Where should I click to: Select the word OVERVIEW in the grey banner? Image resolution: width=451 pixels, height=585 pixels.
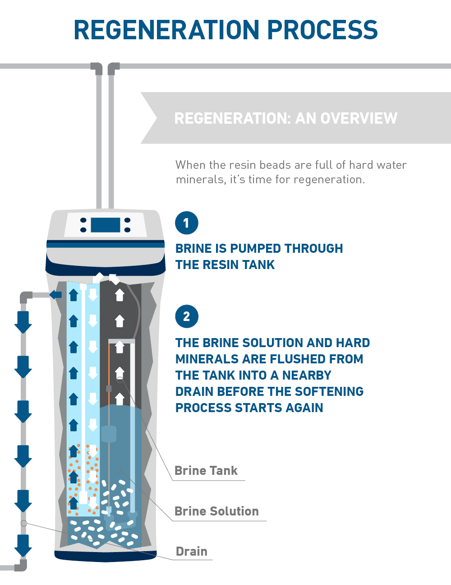pos(359,118)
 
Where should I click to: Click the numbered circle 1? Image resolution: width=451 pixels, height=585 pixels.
pos(186,223)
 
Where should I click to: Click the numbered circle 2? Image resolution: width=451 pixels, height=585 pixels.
pos(186,316)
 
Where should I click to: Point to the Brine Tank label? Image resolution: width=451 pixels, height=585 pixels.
pos(206,471)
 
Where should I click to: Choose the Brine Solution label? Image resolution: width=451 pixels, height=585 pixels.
pos(216,511)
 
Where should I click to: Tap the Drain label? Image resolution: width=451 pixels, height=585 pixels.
pos(192,552)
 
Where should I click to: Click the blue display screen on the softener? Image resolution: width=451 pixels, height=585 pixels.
pos(106,225)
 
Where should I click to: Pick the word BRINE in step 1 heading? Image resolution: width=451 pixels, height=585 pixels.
pos(193,249)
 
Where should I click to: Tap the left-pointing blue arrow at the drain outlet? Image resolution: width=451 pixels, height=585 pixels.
pos(55,295)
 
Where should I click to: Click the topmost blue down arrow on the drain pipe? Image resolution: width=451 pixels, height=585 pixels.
pos(23,321)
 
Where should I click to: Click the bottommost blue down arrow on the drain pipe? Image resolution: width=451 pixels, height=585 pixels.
pos(23,545)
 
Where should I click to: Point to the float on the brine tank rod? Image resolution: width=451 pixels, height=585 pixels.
pos(109,434)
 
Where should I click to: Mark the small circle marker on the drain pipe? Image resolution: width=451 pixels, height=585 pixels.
pos(24,523)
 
